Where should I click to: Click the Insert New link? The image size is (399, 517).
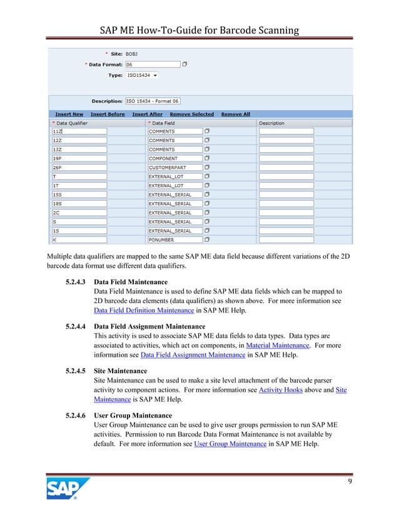(x=69, y=115)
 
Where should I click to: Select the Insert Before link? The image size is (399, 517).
(x=108, y=115)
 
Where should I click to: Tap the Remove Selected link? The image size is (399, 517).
(x=191, y=115)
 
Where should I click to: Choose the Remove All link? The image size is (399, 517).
(x=236, y=115)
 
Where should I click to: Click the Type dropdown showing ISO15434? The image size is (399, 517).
(x=142, y=75)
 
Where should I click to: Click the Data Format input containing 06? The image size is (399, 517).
(x=153, y=64)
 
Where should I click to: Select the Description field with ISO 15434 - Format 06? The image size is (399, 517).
(x=153, y=101)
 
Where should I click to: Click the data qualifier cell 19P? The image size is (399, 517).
(x=79, y=159)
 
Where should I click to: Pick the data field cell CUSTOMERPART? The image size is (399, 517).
(x=175, y=168)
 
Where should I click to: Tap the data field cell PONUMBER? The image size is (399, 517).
(x=175, y=240)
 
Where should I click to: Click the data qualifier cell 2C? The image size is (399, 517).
(x=79, y=213)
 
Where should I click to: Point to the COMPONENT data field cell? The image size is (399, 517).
(x=175, y=159)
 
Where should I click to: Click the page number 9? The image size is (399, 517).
(x=349, y=483)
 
